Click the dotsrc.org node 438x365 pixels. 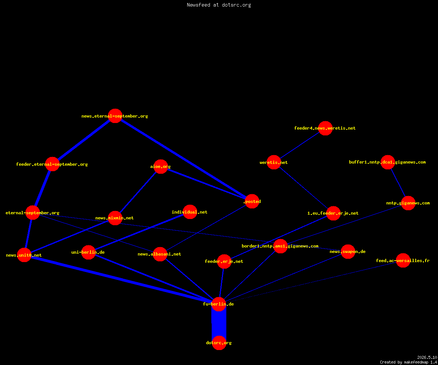click(x=219, y=343)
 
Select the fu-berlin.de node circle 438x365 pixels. click(x=219, y=304)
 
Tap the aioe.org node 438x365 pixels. click(x=161, y=166)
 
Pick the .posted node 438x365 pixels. click(x=252, y=201)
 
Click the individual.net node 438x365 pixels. click(x=190, y=212)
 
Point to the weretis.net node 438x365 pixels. click(x=274, y=162)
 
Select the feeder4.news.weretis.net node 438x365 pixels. click(x=325, y=128)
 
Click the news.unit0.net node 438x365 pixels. click(x=24, y=255)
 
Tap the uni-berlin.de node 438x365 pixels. click(x=88, y=252)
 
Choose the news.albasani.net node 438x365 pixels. click(x=160, y=254)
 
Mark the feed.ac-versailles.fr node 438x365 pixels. click(x=403, y=261)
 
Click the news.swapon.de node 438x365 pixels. click(x=348, y=252)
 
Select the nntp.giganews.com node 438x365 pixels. click(x=408, y=203)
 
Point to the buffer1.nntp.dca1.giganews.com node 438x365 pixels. click(x=388, y=162)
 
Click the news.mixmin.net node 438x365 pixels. click(x=115, y=218)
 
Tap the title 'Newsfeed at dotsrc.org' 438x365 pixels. click(x=219, y=5)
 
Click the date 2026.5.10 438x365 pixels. click(x=427, y=357)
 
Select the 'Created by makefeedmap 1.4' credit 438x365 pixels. click(x=408, y=362)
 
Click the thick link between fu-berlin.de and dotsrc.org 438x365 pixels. click(x=219, y=323)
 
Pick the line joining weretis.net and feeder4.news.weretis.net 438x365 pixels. click(x=300, y=145)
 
